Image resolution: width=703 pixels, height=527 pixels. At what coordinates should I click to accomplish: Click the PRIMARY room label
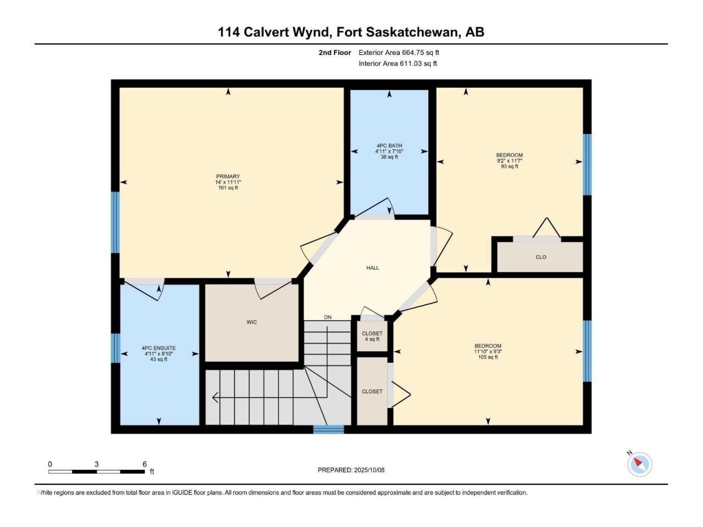click(228, 176)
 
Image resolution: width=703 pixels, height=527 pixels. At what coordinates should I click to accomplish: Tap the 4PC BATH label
click(389, 145)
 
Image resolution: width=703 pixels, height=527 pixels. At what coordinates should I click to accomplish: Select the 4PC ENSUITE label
click(159, 348)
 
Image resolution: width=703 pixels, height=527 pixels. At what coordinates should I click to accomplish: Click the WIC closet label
click(252, 322)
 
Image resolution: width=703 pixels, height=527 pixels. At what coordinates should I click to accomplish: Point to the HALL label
click(372, 268)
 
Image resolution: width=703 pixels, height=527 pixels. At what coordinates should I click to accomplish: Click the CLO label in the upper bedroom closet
click(540, 257)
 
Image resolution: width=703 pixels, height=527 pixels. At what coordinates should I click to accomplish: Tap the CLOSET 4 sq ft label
click(372, 337)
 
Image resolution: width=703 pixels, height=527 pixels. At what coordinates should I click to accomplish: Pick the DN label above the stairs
click(328, 317)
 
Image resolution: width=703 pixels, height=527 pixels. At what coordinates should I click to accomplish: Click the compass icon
click(639, 464)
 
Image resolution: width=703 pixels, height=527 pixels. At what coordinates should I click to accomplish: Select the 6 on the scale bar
click(144, 464)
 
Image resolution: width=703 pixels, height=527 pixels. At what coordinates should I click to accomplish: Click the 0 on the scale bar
click(50, 464)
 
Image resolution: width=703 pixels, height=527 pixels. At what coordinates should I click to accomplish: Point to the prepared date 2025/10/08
click(369, 470)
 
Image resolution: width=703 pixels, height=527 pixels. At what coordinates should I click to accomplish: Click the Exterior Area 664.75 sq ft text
click(399, 53)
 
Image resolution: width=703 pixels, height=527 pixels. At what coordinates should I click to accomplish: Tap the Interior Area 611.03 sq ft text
click(398, 63)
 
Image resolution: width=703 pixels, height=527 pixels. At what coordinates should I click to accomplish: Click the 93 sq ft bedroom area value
click(509, 166)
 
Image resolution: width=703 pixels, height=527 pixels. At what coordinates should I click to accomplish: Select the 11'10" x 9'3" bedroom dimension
click(488, 351)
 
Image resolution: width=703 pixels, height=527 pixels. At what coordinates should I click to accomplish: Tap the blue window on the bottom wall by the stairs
click(328, 429)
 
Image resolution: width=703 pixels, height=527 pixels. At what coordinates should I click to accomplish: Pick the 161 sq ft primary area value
click(228, 188)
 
